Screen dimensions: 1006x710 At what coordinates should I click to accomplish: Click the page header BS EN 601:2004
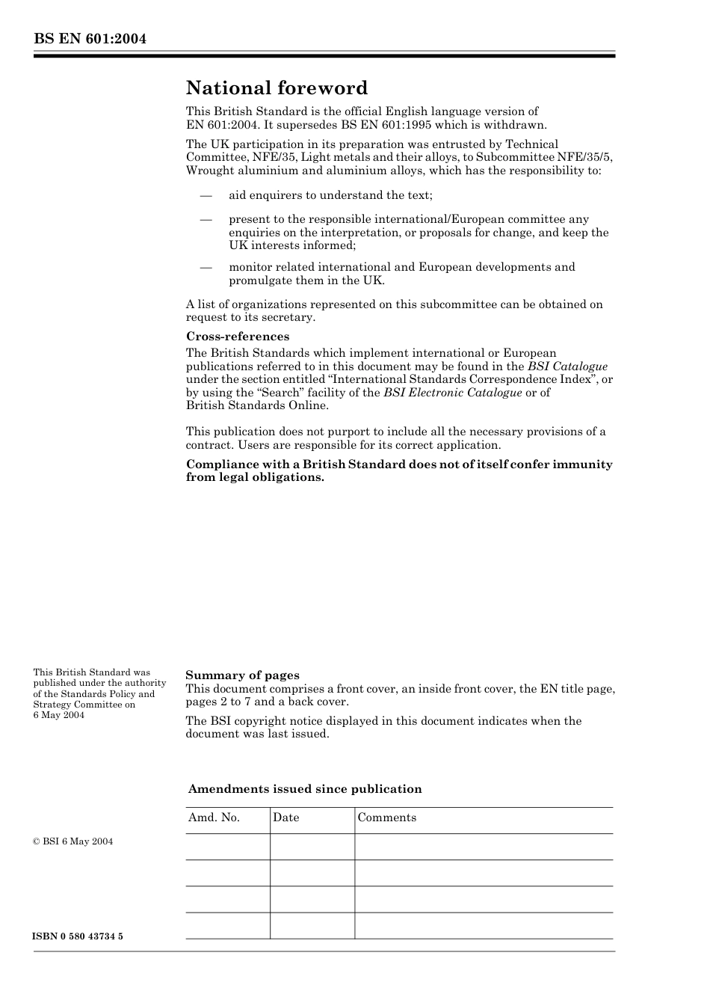tap(90, 39)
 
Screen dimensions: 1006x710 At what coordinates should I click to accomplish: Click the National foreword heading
tap(277, 88)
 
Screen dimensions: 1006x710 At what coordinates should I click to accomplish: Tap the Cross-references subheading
tap(238, 337)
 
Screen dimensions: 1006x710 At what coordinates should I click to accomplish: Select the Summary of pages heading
tap(242, 675)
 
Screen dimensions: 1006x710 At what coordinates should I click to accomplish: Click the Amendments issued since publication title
tap(305, 789)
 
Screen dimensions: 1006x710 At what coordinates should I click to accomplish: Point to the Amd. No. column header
tap(214, 818)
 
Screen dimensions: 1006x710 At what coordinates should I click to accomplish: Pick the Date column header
tap(285, 818)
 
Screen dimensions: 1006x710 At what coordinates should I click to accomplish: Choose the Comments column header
tap(386, 818)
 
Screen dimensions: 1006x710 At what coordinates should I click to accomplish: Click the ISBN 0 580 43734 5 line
tap(78, 936)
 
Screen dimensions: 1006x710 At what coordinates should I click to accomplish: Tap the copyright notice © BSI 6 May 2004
tap(73, 841)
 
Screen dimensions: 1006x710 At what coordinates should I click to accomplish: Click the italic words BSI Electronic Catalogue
tap(452, 393)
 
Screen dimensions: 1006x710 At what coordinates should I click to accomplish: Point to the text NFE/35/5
tap(586, 157)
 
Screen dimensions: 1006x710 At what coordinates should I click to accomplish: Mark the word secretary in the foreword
tap(289, 317)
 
